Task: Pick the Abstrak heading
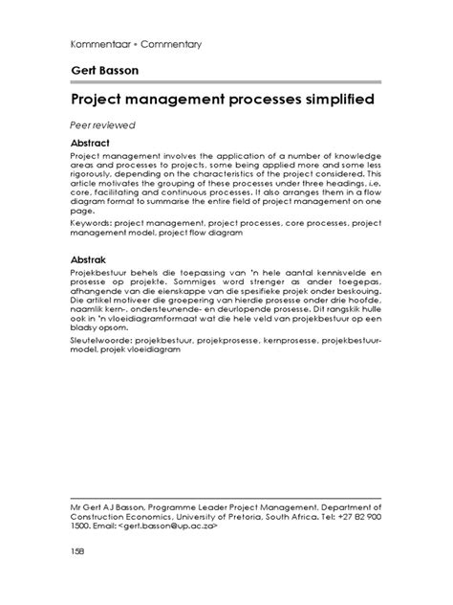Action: [x=94, y=259]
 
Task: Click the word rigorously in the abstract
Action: [x=97, y=179]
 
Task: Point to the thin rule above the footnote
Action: [x=226, y=498]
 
